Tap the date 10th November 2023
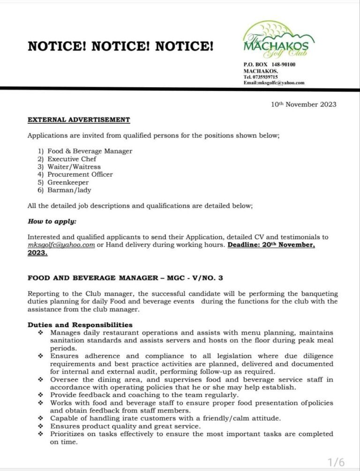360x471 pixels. tap(303, 105)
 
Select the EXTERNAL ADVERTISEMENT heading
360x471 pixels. tap(79, 120)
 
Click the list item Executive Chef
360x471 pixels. tap(72, 159)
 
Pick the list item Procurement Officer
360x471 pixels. tap(80, 174)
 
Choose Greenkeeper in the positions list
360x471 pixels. tap(68, 182)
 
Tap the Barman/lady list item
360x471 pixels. tap(69, 190)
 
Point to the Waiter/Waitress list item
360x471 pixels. tap(74, 167)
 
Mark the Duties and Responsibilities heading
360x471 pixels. tap(80, 325)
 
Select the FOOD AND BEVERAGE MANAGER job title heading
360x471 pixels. tap(125, 278)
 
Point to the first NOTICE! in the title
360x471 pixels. tap(57, 46)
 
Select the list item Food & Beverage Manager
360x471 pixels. tap(90, 151)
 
